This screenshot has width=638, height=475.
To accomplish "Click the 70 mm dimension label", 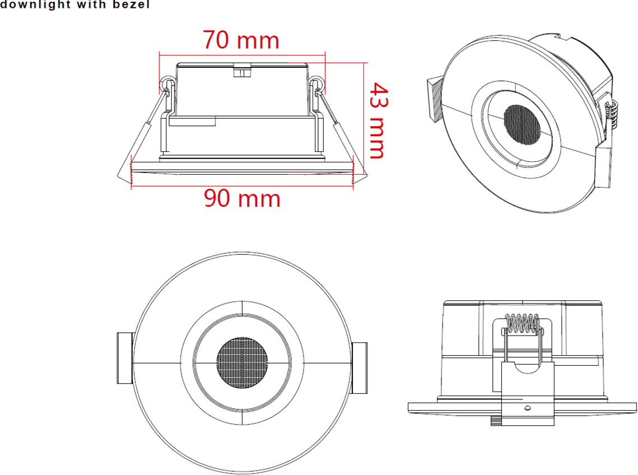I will click(x=241, y=40).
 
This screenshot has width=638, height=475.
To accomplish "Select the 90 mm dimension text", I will click(x=242, y=199).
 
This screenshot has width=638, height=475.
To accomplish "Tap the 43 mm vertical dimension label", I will click(x=378, y=120).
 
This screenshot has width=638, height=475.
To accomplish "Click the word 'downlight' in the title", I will click(x=35, y=6).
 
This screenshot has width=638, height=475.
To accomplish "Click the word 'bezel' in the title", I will click(x=133, y=6).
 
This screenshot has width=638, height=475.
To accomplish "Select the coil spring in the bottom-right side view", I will click(x=523, y=323).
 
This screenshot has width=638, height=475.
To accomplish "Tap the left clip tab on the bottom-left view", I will click(x=124, y=362).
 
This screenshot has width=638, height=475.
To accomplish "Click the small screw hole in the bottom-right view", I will click(x=527, y=408).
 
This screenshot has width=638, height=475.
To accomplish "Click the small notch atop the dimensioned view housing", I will click(x=242, y=71).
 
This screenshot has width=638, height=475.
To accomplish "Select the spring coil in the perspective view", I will click(x=613, y=115).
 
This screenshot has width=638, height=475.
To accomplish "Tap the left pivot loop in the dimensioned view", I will click(x=166, y=84).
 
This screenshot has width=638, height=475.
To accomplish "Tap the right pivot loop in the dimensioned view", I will click(x=318, y=84).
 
